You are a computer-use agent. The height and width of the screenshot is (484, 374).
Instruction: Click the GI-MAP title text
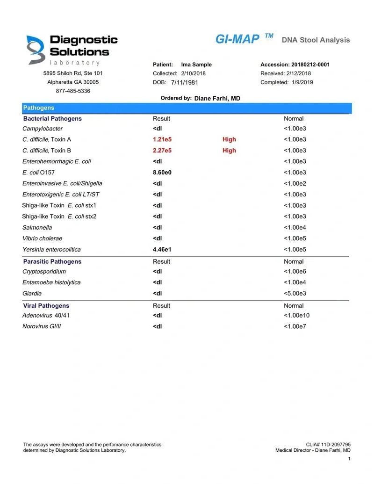[237, 39]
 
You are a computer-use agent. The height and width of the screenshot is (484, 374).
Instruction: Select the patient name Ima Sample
[196, 65]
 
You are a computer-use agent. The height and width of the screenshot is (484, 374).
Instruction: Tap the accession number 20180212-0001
[310, 65]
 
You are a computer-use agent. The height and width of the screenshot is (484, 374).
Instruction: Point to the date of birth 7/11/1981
[185, 82]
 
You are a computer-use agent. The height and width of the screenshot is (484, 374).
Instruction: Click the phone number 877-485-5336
[73, 91]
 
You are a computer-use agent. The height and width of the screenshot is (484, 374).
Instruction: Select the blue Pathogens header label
[39, 108]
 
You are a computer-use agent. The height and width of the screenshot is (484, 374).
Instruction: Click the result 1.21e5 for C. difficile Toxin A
[162, 139]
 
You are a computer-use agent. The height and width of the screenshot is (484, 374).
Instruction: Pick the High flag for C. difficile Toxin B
[229, 151]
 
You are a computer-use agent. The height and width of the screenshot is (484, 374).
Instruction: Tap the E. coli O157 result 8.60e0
[162, 173]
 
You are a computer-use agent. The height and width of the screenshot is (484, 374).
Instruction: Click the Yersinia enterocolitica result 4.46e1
[162, 250]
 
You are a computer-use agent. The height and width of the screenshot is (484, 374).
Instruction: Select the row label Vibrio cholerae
[42, 238]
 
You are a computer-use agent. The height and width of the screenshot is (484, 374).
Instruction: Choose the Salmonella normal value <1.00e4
[295, 228]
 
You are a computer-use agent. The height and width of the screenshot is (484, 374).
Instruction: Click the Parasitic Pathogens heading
[52, 261]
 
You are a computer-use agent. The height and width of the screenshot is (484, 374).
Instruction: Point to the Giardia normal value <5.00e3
[295, 294]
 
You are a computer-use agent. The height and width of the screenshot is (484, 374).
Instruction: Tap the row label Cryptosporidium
[44, 272]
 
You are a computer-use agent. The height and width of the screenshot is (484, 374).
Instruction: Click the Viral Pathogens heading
[46, 306]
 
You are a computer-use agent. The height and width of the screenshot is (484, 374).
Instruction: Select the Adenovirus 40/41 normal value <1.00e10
[296, 316]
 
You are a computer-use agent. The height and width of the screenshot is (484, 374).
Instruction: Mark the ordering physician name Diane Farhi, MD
[217, 99]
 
